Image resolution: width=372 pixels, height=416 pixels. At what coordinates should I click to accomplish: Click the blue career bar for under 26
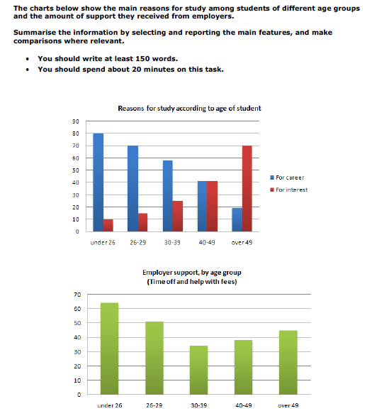pos(98,182)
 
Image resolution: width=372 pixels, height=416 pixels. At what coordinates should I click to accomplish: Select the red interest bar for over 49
pos(247,189)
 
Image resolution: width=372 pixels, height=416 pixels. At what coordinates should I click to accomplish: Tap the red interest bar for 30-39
pos(178,217)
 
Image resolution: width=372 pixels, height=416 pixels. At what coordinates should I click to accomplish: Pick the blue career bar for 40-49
pos(202,207)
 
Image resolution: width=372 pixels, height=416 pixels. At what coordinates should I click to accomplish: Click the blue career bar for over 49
pos(237,220)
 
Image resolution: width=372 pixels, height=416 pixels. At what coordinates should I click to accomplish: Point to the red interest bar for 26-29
pos(142,222)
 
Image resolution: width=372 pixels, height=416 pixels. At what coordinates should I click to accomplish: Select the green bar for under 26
pos(109,349)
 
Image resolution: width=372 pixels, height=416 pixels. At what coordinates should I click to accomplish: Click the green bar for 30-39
pos(198,370)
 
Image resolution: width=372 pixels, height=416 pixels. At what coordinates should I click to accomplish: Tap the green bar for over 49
pos(288,363)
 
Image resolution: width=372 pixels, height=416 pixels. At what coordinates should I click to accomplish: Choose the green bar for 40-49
pos(243,367)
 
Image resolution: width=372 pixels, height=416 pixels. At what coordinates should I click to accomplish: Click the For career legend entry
pos(287,177)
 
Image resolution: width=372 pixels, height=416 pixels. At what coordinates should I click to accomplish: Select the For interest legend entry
pos(288,190)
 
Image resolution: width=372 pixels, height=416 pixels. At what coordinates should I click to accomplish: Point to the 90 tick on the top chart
pos(76,121)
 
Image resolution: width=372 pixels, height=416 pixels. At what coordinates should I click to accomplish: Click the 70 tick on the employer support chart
pos(77,295)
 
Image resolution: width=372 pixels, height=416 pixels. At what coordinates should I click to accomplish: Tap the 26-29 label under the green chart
pos(154,405)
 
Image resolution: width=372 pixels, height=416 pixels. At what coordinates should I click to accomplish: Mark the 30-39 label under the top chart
pos(172,243)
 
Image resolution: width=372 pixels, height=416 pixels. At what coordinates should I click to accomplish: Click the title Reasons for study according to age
pos(189,108)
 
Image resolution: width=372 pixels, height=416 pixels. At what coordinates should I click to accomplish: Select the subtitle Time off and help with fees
pos(192,282)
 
